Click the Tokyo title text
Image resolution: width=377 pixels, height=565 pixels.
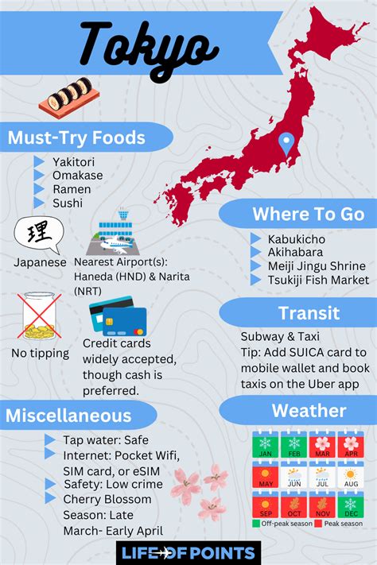[x=148, y=45]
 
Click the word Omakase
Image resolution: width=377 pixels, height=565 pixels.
[x=79, y=176]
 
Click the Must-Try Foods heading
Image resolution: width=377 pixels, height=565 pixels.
[x=76, y=137]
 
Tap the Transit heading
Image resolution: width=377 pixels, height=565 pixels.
[x=309, y=314]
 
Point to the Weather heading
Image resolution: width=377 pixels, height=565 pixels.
[x=309, y=411]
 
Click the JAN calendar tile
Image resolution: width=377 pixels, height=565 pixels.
[x=264, y=446]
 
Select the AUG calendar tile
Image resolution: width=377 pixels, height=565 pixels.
[x=350, y=476]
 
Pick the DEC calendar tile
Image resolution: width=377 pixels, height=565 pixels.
[x=350, y=505]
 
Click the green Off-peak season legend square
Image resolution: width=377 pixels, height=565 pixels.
[x=257, y=523]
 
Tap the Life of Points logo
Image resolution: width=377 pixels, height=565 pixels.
[x=188, y=552]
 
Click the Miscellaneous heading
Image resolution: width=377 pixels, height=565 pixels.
[x=69, y=415]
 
